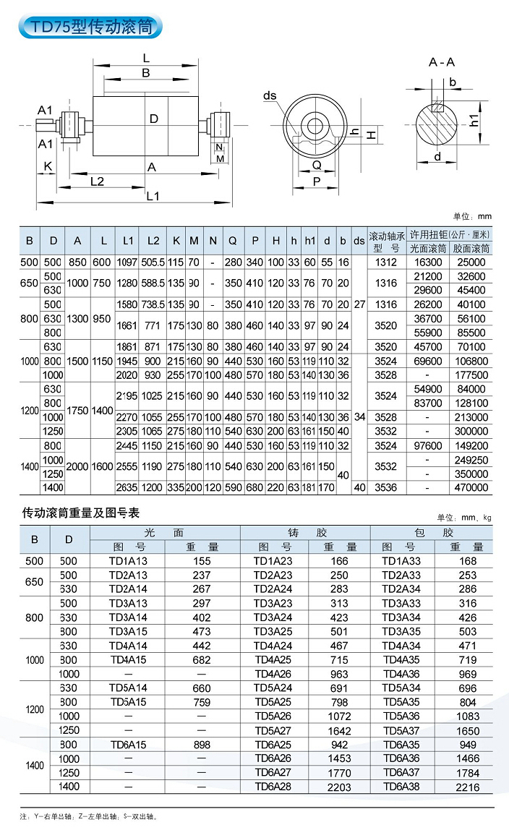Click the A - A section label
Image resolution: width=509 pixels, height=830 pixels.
442,62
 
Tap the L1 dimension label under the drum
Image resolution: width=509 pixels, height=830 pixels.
153,196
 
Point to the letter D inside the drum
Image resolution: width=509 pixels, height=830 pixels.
153,119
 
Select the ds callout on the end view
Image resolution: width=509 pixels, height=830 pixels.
270,95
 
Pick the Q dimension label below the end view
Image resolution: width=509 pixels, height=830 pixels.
316,165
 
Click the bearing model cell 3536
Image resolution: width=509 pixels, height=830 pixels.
387,487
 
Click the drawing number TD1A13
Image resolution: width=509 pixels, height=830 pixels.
128,560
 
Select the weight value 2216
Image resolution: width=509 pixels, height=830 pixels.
468,787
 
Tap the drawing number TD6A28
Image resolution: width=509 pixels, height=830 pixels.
273,787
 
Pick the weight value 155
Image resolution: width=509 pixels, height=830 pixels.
202,560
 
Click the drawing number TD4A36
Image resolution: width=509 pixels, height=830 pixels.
401,674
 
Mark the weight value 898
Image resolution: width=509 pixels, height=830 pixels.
202,745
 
